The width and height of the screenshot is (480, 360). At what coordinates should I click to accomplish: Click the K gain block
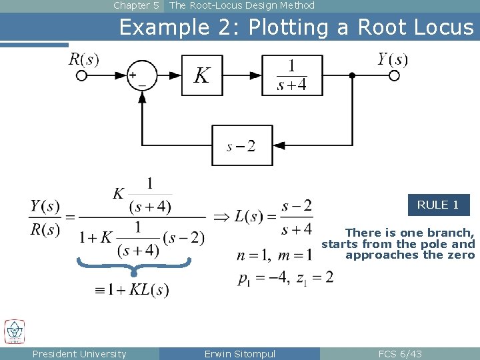202,75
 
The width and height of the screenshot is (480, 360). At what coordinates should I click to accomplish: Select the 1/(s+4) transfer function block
291,75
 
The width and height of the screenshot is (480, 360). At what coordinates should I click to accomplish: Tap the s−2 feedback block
242,145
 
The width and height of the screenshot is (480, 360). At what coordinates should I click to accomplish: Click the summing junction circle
141,75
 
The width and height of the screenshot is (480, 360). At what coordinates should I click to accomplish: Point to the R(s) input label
83,59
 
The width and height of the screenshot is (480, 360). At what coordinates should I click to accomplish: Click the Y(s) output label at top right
392,59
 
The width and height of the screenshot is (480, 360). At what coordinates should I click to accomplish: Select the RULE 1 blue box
438,205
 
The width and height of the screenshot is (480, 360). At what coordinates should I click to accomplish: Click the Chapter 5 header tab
136,5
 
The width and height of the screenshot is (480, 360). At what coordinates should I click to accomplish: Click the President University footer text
79,354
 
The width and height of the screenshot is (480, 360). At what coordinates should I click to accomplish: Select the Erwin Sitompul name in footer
239,354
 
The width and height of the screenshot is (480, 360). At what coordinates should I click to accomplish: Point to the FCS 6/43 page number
399,354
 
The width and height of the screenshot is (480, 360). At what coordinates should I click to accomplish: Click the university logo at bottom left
15,331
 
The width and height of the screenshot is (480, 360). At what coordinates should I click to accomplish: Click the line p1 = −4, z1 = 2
285,277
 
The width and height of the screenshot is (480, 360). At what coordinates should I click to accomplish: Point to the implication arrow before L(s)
221,217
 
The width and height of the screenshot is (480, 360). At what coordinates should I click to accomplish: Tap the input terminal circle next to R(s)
82,75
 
